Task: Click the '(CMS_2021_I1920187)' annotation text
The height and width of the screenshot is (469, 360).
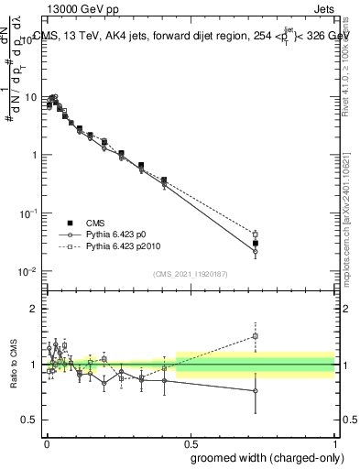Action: click(x=191, y=274)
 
